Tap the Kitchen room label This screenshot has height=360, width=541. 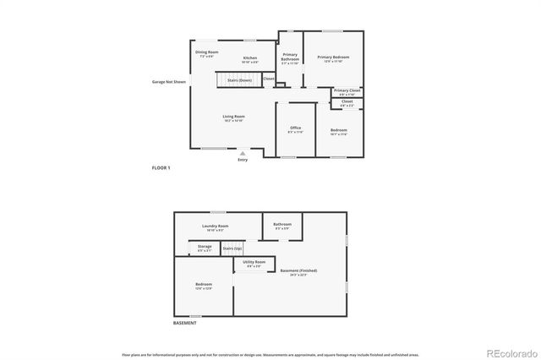250,58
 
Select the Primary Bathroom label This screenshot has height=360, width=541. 289,58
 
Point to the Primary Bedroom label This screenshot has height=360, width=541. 333,57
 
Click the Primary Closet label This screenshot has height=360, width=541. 347,90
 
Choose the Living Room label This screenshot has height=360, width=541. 233,117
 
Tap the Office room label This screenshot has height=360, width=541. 295,129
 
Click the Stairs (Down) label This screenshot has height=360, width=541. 239,80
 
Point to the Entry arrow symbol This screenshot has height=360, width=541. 243,153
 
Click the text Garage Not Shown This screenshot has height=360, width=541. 168,82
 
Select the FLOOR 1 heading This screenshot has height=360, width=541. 161,169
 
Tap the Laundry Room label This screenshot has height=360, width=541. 216,226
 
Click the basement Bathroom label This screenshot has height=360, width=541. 282,226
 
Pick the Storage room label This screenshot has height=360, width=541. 205,248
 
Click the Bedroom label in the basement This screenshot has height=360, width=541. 204,286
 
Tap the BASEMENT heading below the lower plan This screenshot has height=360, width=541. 185,323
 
